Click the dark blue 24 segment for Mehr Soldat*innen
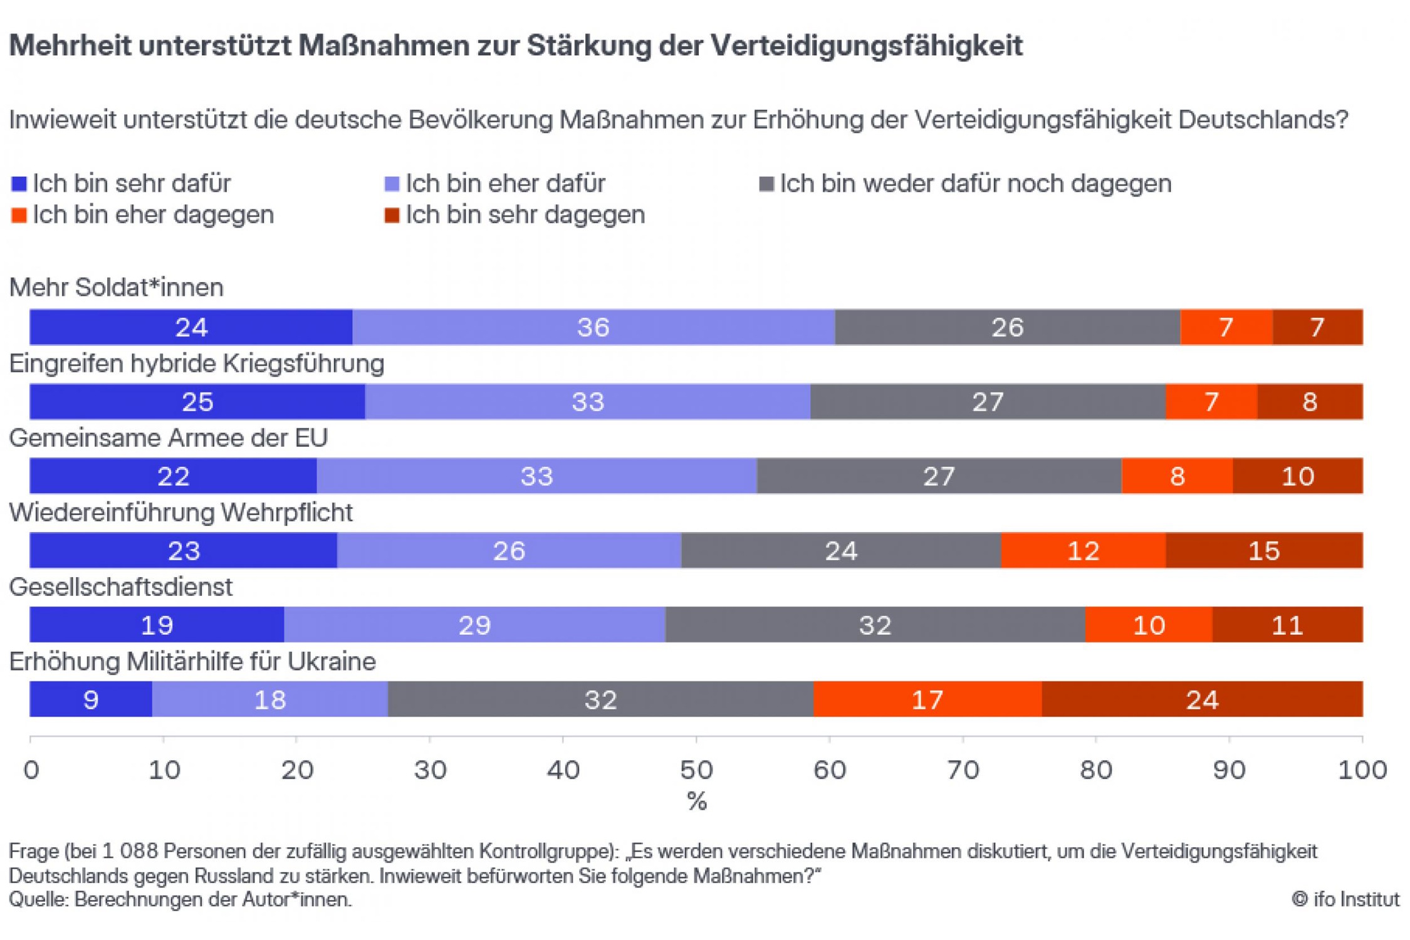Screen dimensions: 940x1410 [x=191, y=326]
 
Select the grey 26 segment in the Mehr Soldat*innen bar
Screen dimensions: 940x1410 [x=1006, y=326]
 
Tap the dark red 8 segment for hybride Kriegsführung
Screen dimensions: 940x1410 [x=1308, y=401]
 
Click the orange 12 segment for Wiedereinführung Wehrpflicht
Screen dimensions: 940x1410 [x=1082, y=550]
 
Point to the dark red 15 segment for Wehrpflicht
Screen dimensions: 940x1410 [x=1263, y=550]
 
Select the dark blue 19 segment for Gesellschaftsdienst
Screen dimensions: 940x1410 [x=157, y=624]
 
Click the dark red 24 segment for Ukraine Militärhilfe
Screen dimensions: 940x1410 [x=1201, y=699]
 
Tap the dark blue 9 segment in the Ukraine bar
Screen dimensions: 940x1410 [x=91, y=699]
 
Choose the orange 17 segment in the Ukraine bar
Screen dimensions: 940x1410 [x=926, y=699]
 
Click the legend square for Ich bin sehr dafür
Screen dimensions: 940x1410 [x=19, y=184]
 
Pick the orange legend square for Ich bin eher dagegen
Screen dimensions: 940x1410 [x=19, y=216]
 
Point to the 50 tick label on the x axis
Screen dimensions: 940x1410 [x=696, y=770]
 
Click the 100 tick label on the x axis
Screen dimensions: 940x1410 [x=1361, y=770]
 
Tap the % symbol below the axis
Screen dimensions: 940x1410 [x=696, y=802]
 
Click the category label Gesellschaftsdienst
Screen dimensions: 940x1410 [x=121, y=587]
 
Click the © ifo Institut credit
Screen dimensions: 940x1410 [x=1344, y=899]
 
